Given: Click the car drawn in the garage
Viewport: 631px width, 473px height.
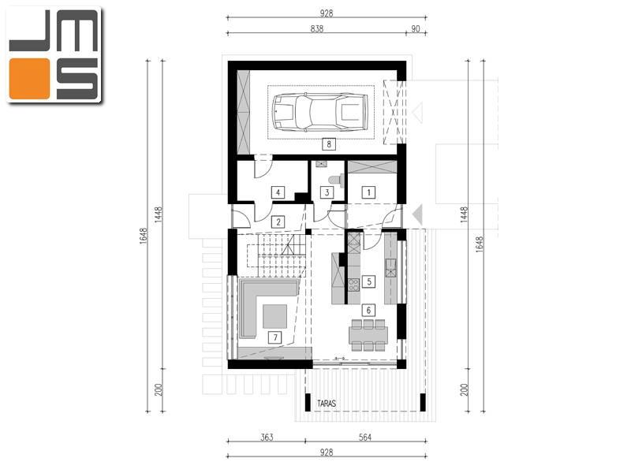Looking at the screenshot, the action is (320, 112).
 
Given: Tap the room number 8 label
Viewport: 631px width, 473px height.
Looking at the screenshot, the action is (329, 144).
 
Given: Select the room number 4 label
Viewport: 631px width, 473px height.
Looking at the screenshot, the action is (278, 192).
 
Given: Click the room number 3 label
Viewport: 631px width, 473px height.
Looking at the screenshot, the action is (327, 192).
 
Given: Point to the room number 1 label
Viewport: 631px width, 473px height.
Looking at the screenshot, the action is (368, 192).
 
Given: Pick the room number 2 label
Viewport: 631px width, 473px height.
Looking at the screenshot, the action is (278, 222).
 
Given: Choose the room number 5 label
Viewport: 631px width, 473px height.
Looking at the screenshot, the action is (368, 281).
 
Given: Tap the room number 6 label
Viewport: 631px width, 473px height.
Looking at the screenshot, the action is (368, 310).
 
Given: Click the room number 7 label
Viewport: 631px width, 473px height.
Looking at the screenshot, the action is (275, 337).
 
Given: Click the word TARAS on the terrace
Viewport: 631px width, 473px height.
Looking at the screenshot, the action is (327, 404).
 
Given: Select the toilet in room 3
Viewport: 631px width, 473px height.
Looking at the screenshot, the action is (337, 181).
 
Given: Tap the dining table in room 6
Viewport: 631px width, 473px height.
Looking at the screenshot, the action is (368, 334).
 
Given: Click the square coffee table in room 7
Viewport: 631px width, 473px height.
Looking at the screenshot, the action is (275, 316).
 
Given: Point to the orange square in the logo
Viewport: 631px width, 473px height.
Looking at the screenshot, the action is (29, 79).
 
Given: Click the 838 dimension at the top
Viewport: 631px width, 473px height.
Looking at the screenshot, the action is (317, 28).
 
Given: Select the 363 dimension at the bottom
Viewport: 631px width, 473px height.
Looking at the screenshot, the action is (267, 438).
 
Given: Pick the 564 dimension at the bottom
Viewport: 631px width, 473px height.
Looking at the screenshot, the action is (365, 438).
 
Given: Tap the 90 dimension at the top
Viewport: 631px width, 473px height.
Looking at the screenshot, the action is (416, 28).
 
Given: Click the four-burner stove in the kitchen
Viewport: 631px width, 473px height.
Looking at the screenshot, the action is (353, 285).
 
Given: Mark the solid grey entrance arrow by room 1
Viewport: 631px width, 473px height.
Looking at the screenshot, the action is (418, 214).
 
